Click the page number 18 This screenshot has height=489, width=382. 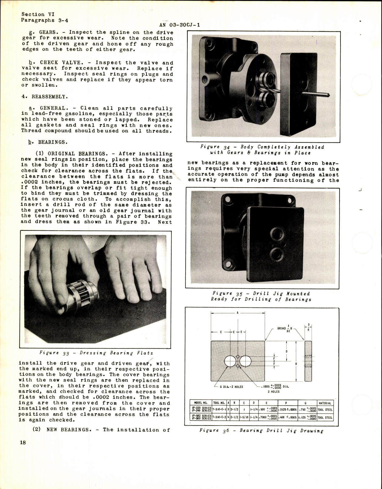(23, 443)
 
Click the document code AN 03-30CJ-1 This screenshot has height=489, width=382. (179, 25)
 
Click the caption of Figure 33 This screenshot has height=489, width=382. (96, 353)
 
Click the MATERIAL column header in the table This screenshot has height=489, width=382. (325, 403)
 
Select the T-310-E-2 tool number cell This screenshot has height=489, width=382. (219, 417)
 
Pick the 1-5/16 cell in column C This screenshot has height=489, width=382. (244, 417)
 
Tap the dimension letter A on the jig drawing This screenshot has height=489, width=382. (237, 313)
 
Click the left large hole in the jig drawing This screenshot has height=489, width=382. (230, 361)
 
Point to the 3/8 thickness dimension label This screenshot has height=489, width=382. (308, 327)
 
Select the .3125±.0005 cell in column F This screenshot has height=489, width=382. (287, 409)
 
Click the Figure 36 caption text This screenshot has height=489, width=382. (261, 431)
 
